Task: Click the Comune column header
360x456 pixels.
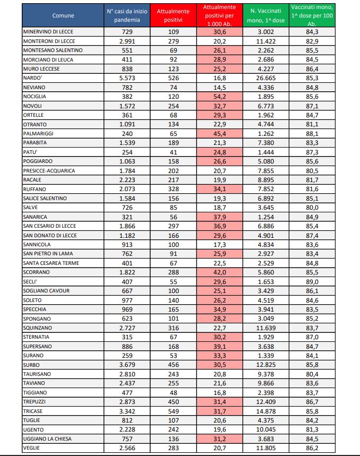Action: tap(62, 16)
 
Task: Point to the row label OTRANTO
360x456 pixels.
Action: tap(35, 124)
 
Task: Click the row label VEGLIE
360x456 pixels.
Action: tap(32, 448)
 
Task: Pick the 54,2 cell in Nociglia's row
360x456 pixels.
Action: tap(220, 96)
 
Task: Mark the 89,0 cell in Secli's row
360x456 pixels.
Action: tap(320, 281)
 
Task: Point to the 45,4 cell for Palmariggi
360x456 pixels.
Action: tap(220, 133)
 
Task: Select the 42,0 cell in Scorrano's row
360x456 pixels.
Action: tap(220, 272)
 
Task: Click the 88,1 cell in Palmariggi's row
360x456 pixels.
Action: tap(320, 133)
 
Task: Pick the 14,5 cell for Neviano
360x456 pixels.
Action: tap(220, 87)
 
